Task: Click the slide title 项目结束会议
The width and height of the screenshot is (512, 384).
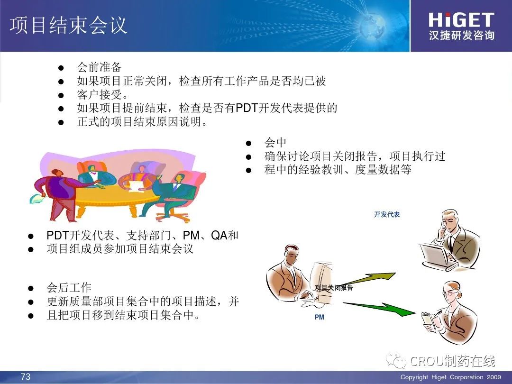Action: [x=68, y=25]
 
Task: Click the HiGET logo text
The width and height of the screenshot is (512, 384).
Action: [x=461, y=20]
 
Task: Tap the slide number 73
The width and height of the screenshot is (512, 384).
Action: [x=26, y=376]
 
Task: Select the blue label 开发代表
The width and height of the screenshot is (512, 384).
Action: [x=387, y=215]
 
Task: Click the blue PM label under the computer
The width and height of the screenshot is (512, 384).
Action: [x=320, y=317]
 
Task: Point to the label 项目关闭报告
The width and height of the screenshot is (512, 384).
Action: [x=334, y=288]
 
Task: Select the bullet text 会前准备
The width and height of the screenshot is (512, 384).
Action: [x=99, y=67]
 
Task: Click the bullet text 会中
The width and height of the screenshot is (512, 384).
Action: [x=275, y=142]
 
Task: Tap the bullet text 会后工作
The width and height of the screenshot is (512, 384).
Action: [x=69, y=288]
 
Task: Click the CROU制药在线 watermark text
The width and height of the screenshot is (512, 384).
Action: [x=452, y=361]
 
